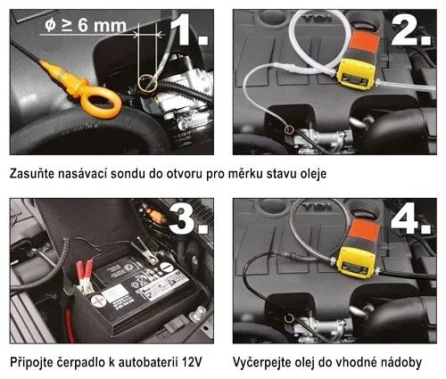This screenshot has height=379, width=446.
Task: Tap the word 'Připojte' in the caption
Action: point(33,363)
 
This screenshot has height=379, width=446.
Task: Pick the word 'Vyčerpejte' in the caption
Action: point(266,363)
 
